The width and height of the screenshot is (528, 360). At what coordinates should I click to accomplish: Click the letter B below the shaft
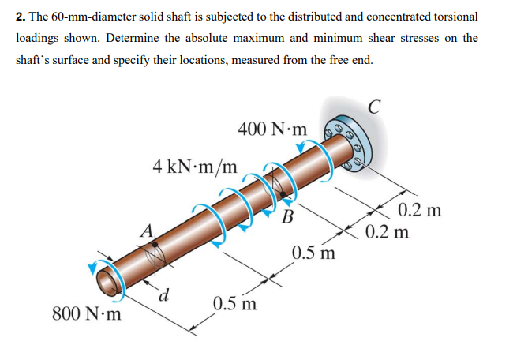[288, 216]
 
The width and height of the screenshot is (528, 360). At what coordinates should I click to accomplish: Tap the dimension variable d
[165, 297]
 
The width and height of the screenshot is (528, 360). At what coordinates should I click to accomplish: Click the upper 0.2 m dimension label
[420, 211]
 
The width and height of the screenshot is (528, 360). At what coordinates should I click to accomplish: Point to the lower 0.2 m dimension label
[388, 232]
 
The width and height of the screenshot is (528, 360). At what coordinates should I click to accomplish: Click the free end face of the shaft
[106, 279]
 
